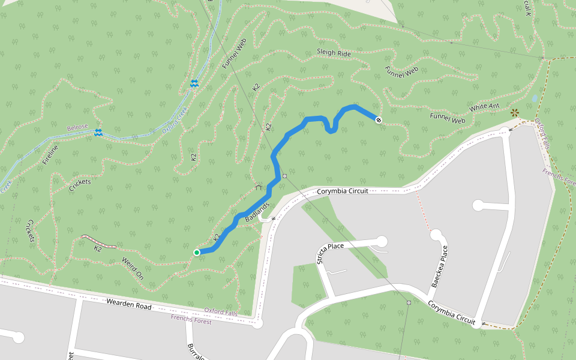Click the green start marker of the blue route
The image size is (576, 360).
(196, 253)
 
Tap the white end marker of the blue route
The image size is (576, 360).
(379, 120)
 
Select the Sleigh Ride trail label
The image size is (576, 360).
(334, 53)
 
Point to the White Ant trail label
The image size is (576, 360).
(485, 107)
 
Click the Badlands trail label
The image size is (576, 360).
(257, 211)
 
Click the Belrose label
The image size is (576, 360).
(77, 128)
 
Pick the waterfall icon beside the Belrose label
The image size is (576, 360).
(98, 132)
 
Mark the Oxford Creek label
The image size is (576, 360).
(175, 120)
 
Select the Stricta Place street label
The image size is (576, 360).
(322, 254)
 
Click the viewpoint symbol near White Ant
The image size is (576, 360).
(514, 112)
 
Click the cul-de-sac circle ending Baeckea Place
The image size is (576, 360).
(436, 235)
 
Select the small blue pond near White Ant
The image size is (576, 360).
(535, 98)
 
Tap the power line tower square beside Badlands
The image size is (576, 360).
(284, 176)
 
